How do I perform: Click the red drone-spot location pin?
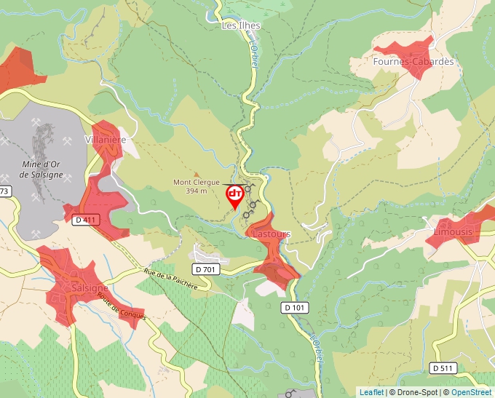point(235,195)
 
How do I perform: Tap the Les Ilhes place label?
point(241,25)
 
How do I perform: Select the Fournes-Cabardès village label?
point(413,62)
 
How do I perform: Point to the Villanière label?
point(106,140)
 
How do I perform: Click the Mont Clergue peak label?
point(197,183)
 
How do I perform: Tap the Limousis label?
point(453,232)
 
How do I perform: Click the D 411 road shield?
point(84,219)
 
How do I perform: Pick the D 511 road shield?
point(443,368)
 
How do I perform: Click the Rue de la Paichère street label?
point(171,279)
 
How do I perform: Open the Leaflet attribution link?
point(371,392)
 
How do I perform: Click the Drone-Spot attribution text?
point(416,392)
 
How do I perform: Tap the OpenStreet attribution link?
point(471,392)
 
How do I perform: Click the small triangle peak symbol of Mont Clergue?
point(195,174)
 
